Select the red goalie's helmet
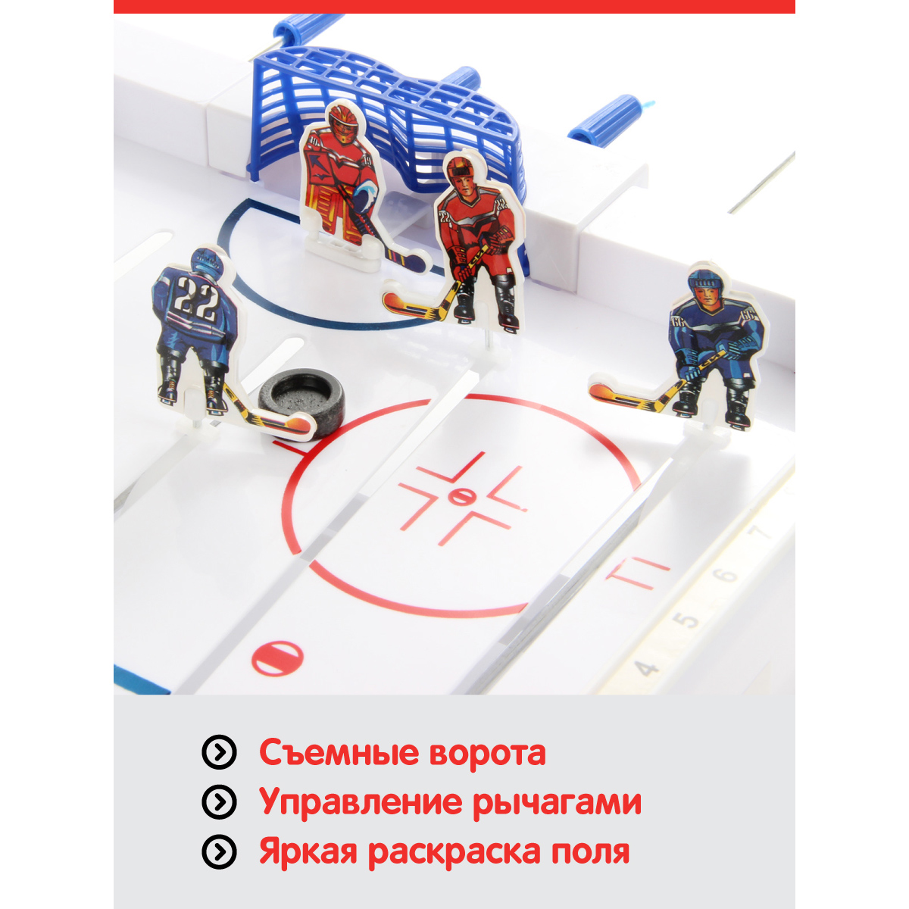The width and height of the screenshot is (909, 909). click(342, 123)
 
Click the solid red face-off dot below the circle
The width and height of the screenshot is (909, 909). click(277, 657)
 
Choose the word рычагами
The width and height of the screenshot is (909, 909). click(557, 803)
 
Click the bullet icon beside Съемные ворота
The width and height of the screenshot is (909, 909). click(219, 752)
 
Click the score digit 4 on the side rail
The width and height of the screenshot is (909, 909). click(647, 668)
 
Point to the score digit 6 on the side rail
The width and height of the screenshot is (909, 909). click(727, 575)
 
